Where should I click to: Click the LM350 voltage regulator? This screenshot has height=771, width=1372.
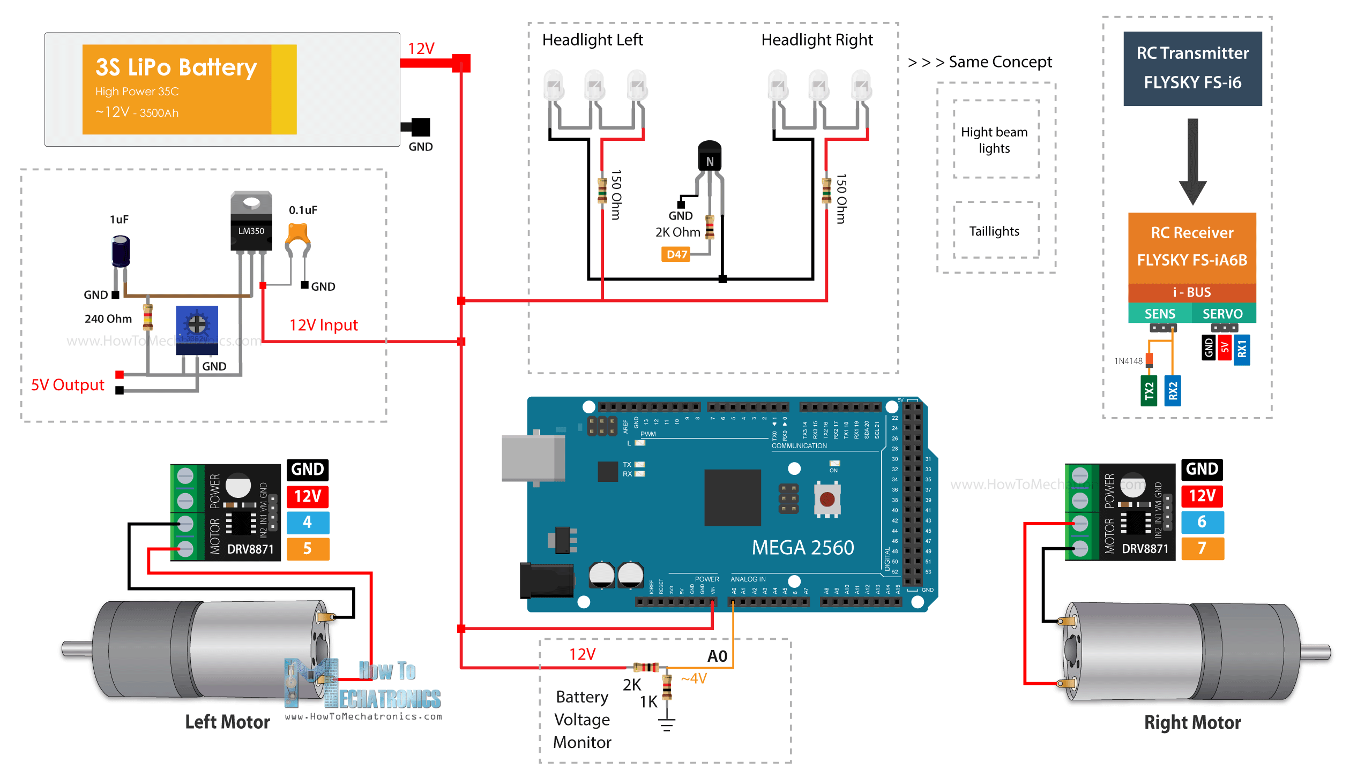pos(251,222)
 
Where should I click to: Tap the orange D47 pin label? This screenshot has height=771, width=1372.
pos(676,254)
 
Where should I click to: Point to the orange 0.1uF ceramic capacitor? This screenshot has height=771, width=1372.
pos(297,236)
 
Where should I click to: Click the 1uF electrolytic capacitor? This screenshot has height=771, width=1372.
pos(121,252)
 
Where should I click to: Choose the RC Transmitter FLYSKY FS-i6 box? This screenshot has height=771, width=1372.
pos(1192,68)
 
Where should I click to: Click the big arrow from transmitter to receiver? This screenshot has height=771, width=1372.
pos(1192,161)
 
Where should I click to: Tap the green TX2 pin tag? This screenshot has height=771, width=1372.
pos(1149,391)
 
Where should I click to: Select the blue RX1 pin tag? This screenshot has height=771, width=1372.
pos(1241,350)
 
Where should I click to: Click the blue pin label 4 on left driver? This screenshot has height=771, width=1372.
pos(308,522)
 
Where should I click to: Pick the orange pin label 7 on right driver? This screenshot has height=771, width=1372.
pos(1202,548)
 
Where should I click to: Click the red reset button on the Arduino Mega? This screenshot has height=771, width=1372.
pos(827,500)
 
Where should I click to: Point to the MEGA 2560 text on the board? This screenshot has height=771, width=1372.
pos(802,548)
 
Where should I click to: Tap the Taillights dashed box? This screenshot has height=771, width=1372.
pos(994,231)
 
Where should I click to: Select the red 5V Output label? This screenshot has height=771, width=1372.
pos(68,385)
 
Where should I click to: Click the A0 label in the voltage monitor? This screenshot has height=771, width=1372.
pos(717,656)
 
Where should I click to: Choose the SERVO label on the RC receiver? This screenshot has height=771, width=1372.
pos(1222,314)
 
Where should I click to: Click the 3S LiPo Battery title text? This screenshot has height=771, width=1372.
pos(176,67)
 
